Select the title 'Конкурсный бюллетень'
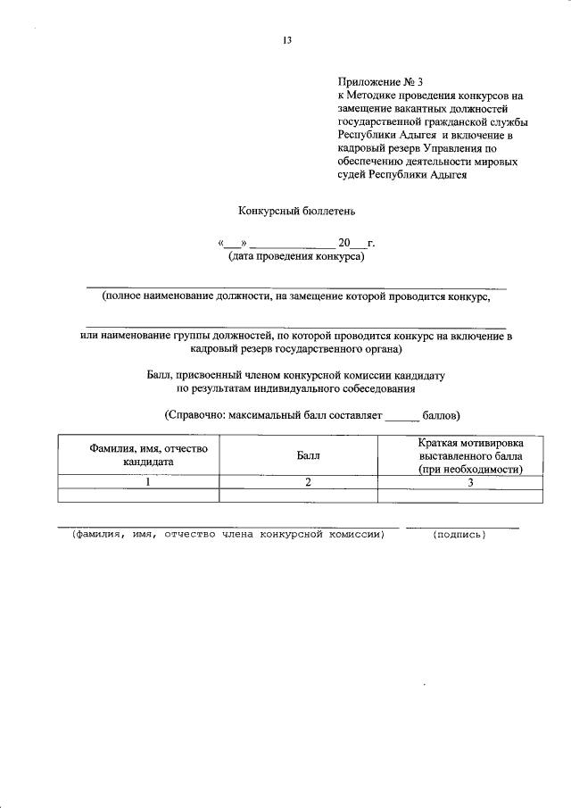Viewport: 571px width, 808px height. (x=285, y=212)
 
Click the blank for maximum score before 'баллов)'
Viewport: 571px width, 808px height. (x=401, y=414)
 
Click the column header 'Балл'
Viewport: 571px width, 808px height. (x=307, y=455)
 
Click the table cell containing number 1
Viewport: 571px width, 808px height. (x=148, y=482)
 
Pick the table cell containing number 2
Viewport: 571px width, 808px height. (x=307, y=482)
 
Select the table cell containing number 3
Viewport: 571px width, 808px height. (x=469, y=482)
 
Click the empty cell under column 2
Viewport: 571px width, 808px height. (x=299, y=496)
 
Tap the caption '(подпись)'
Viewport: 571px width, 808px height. (x=459, y=535)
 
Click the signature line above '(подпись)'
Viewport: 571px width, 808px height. (x=462, y=527)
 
